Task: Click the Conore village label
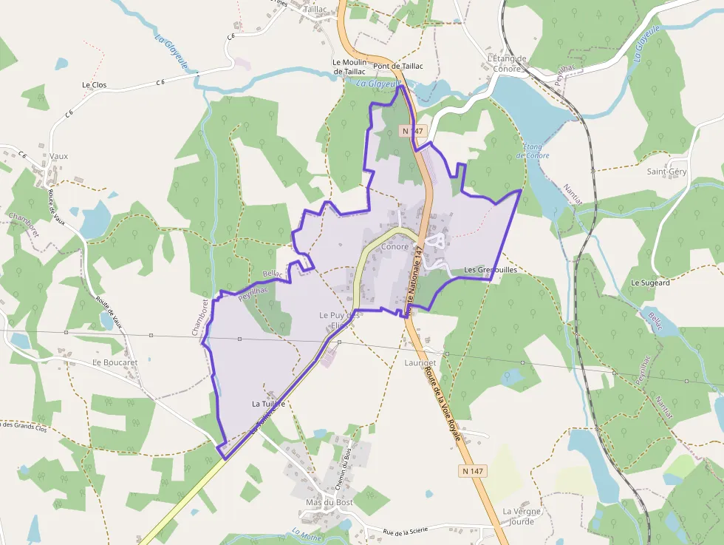pyautogui.click(x=395, y=247)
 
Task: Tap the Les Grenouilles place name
pyautogui.click(x=491, y=270)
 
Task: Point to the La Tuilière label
pyautogui.click(x=268, y=404)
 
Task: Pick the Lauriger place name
pyautogui.click(x=420, y=363)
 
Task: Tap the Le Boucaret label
pyautogui.click(x=115, y=362)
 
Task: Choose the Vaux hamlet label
pyautogui.click(x=59, y=156)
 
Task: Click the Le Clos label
pyautogui.click(x=94, y=85)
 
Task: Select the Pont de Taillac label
pyautogui.click(x=398, y=66)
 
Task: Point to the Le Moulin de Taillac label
pyautogui.click(x=349, y=67)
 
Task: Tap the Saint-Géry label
pyautogui.click(x=666, y=172)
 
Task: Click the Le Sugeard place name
pyautogui.click(x=650, y=282)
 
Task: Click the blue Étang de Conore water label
pyautogui.click(x=536, y=151)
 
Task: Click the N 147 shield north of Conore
pyautogui.click(x=413, y=131)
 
